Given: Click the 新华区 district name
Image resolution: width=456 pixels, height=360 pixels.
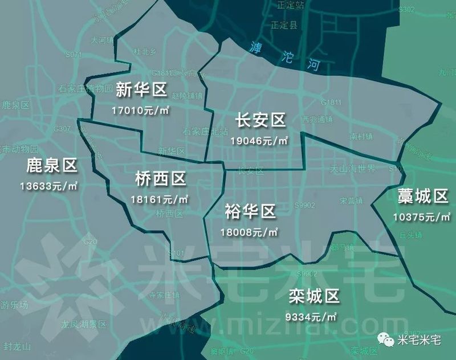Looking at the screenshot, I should click(x=140, y=89).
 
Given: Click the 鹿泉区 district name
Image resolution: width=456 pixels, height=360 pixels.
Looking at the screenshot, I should click(x=51, y=167).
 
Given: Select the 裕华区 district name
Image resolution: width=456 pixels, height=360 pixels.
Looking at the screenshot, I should click(x=250, y=212).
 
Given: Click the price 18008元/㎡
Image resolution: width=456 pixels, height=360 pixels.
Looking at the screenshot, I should click(x=250, y=232).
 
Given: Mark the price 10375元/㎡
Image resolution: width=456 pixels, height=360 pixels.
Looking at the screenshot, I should click(x=422, y=217).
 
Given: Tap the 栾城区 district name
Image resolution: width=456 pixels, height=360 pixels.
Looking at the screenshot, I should click(x=314, y=296).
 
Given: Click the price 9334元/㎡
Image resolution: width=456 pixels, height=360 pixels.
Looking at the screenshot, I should click(x=313, y=315).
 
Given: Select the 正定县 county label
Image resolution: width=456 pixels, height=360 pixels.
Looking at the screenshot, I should click(x=284, y=26).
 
